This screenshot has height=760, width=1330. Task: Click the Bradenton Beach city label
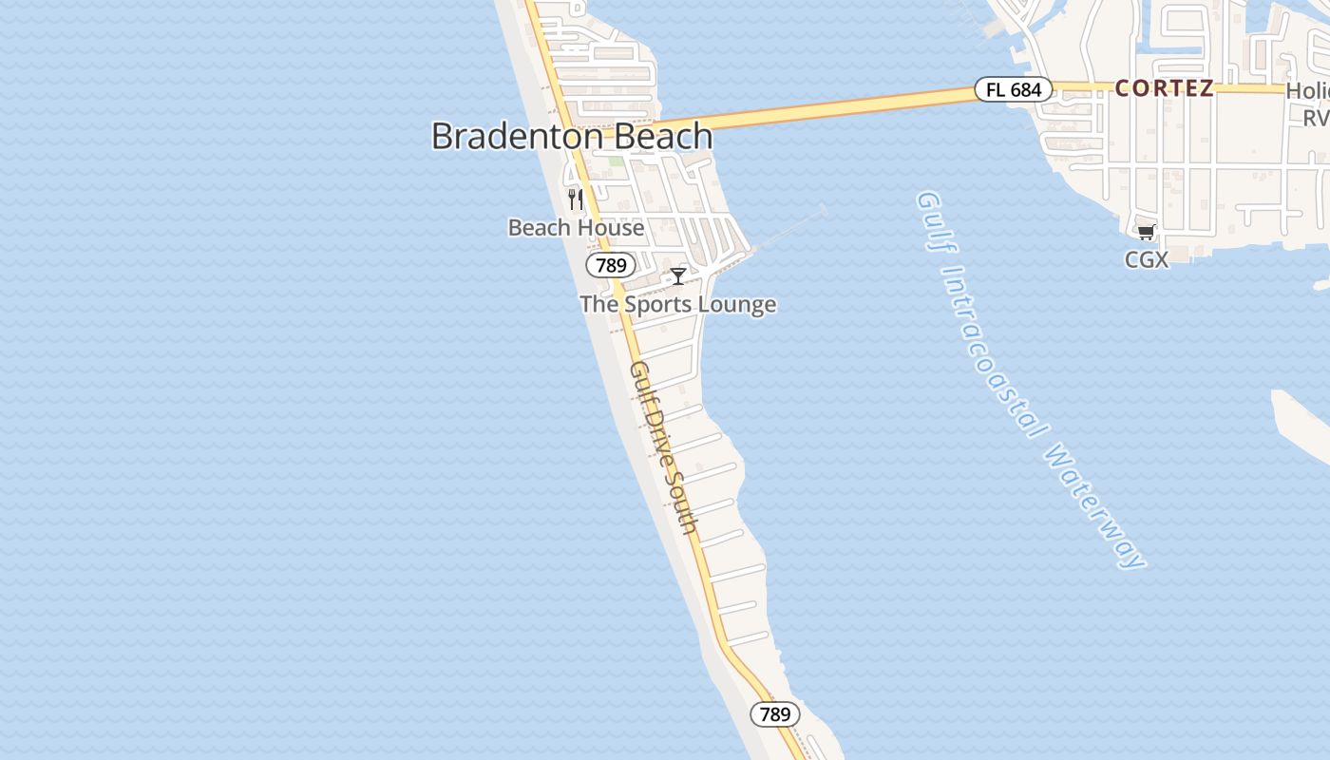coord(572,136)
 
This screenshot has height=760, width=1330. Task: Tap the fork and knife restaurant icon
coord(575,199)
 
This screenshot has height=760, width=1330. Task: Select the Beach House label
coord(576,228)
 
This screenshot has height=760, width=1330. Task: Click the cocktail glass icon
coord(678,276)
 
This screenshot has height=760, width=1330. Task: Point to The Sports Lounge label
coord(677,305)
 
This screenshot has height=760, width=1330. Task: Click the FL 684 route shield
coord(1014,90)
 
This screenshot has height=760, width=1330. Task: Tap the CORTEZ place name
coord(1164,88)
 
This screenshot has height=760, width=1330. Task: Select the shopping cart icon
coord(1147,232)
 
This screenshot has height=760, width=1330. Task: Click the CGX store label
coord(1147,259)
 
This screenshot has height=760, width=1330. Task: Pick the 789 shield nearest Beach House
coord(611,265)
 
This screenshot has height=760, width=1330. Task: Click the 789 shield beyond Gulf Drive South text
coord(775,714)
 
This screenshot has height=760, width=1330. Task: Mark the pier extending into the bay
coord(788,228)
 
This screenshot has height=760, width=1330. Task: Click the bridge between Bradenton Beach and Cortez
coord(836,107)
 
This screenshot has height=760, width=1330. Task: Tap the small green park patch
coord(617,161)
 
